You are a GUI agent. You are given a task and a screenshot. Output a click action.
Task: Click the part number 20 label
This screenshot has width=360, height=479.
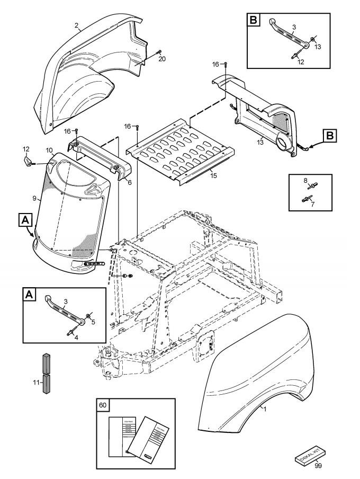162,59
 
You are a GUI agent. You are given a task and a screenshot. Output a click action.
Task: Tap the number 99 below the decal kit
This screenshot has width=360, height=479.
318,465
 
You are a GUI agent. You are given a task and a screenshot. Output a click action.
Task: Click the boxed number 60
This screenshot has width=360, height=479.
102,405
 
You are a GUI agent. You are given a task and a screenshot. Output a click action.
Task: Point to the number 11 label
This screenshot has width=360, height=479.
36,381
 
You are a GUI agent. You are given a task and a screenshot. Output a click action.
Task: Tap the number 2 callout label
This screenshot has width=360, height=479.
77,25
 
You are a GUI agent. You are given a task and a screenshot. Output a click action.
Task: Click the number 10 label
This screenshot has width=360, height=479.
49,151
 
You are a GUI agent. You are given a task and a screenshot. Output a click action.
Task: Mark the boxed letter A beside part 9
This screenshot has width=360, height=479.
24,219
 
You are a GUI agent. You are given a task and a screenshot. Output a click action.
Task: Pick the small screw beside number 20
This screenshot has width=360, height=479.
158,51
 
